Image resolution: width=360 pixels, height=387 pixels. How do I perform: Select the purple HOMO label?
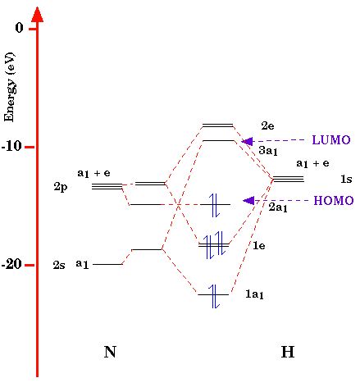333,201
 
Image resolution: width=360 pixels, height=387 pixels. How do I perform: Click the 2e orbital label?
267,125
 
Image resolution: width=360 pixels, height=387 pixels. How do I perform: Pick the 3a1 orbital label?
267,151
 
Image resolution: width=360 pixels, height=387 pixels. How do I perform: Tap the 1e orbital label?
259,245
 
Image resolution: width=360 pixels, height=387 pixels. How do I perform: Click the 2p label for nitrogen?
61,187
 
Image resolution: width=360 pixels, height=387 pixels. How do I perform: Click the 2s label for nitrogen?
60,265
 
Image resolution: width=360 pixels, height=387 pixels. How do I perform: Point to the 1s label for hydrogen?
345,179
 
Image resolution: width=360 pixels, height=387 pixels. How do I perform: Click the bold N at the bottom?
110,353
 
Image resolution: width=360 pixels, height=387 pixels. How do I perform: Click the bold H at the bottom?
287,353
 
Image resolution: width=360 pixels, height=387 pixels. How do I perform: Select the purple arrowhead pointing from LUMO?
247,141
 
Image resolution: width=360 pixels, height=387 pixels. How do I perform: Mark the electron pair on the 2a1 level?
215,204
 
